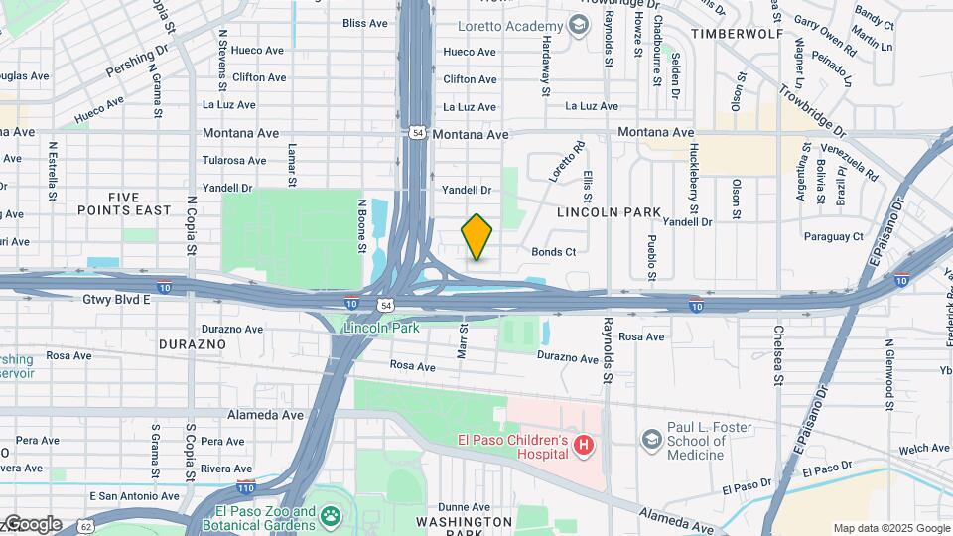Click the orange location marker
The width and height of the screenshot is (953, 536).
[477, 237]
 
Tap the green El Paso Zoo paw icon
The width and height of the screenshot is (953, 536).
[329, 516]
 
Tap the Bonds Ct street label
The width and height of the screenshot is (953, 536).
[554, 252]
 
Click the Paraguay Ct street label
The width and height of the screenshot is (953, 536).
[834, 237]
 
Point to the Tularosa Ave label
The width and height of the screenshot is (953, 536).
[234, 160]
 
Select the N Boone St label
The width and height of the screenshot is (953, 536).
[362, 217]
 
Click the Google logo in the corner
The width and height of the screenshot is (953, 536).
[32, 523]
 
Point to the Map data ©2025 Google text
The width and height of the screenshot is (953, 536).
[890, 528]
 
